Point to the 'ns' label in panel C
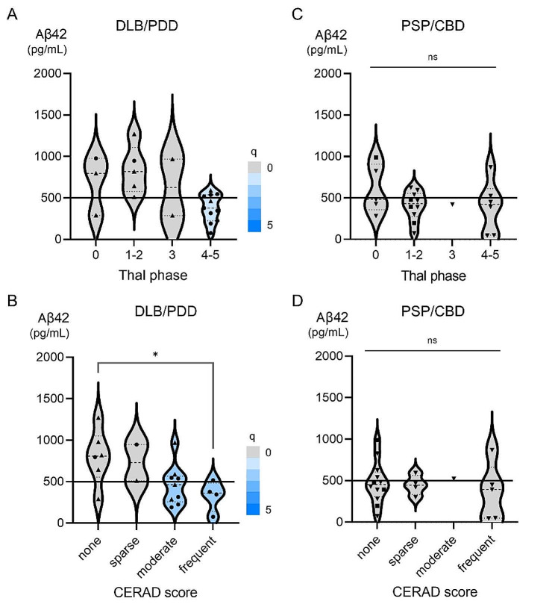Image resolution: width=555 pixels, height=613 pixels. click(x=433, y=56)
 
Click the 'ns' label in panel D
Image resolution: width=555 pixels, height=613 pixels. click(x=433, y=340)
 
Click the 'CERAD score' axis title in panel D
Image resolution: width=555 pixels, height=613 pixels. click(x=433, y=592)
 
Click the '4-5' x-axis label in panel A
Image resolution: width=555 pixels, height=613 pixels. click(x=213, y=255)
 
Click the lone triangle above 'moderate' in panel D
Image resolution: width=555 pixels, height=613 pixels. click(x=454, y=478)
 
